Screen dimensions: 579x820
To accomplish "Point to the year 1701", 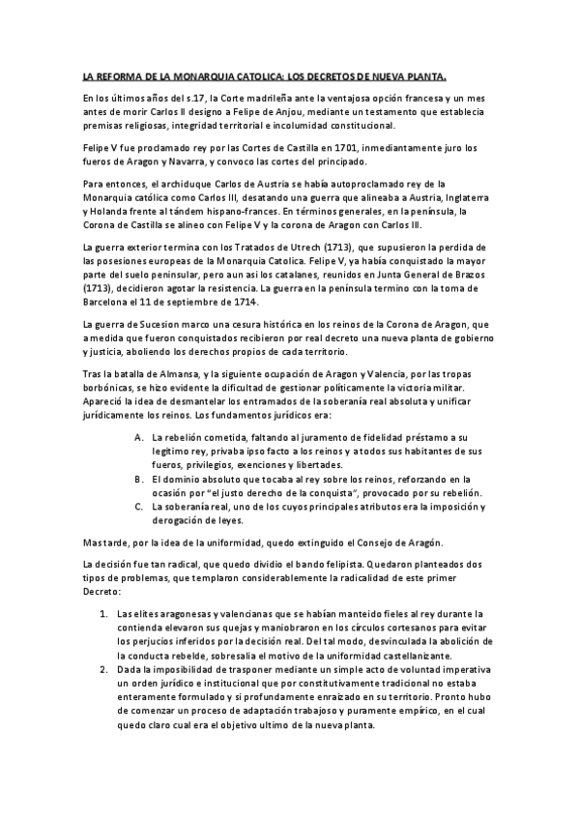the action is (x=322, y=148).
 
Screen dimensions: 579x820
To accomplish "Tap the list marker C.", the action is (x=140, y=506).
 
